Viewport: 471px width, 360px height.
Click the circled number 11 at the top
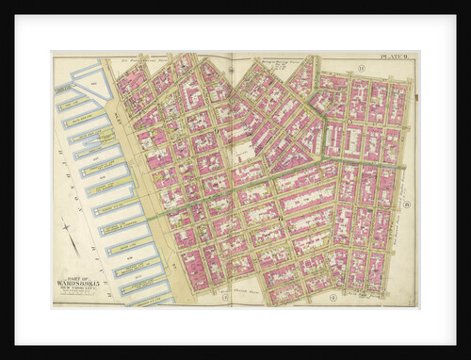[x=360, y=68]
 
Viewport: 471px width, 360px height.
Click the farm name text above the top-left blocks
[x=151, y=61]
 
